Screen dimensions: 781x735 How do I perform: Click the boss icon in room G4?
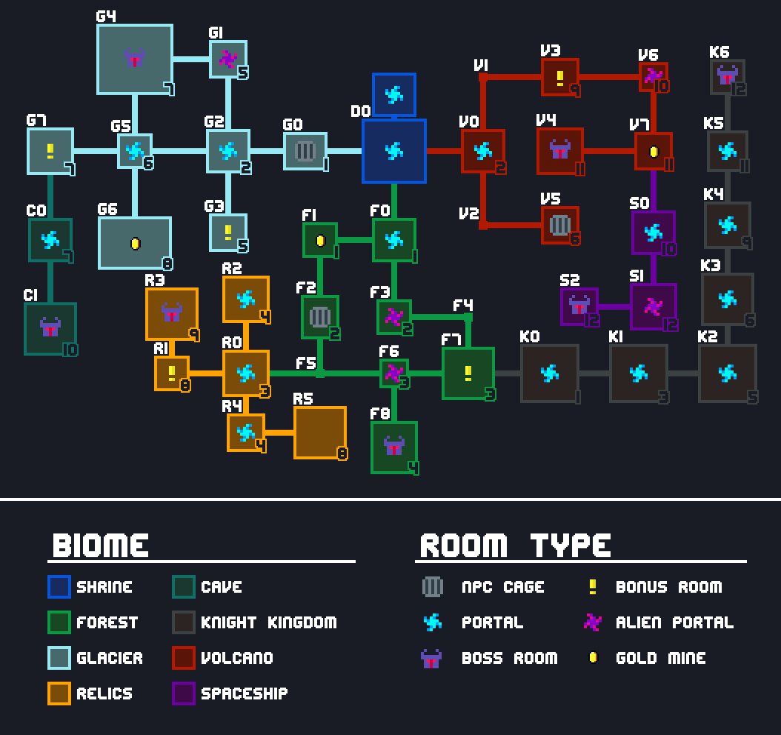tap(134, 59)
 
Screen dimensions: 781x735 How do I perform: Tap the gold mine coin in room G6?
tap(135, 243)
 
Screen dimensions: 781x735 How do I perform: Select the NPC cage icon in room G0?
tap(305, 151)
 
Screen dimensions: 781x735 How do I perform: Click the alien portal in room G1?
tap(228, 59)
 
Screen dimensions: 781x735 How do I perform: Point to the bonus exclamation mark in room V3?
tap(560, 77)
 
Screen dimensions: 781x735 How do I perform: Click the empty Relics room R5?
tap(320, 433)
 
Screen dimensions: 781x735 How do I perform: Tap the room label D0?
tap(360, 111)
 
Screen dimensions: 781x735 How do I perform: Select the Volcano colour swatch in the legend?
tap(184, 658)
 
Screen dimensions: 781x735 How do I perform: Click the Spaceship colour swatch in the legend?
tap(184, 694)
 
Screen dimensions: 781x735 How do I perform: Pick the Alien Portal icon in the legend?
tap(592, 622)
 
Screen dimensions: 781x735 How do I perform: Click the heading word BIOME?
tap(100, 545)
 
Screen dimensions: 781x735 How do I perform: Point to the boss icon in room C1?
tap(50, 327)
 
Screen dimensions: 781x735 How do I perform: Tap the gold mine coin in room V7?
tap(654, 152)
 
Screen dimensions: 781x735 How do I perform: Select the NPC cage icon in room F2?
tap(319, 317)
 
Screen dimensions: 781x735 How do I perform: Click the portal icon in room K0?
tap(549, 373)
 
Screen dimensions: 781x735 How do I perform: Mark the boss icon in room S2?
tap(579, 305)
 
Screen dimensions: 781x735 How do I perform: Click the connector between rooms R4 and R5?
tap(279, 433)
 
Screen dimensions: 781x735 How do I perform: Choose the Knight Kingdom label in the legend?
tap(268, 622)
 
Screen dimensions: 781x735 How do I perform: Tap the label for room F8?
tap(379, 413)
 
